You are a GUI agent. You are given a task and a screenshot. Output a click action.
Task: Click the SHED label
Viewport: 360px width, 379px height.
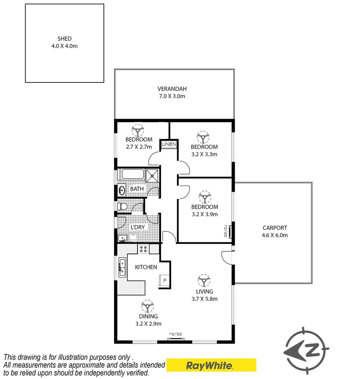click(65, 39)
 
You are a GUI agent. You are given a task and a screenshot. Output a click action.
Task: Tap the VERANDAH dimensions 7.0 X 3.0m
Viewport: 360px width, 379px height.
click(171, 96)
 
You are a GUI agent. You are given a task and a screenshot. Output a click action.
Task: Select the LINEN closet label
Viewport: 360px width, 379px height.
click(169, 144)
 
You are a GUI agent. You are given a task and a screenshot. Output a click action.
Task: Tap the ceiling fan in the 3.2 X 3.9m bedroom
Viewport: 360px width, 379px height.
click(204, 197)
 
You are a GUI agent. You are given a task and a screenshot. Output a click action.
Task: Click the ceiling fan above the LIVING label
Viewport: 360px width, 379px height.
click(204, 281)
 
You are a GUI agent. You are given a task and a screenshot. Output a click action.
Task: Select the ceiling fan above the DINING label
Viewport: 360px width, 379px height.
click(148, 306)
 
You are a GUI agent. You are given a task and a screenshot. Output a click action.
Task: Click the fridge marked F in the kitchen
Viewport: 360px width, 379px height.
click(164, 280)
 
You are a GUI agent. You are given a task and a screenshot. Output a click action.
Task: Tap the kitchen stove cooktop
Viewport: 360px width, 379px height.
click(143, 249)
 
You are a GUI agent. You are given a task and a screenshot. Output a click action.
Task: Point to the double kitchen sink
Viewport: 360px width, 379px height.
click(122, 267)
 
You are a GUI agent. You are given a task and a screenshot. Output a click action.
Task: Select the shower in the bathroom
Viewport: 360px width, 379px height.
click(152, 174)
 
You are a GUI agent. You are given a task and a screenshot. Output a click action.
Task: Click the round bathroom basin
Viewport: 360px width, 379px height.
click(122, 191)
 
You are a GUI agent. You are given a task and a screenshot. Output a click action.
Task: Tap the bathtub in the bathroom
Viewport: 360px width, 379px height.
click(133, 174)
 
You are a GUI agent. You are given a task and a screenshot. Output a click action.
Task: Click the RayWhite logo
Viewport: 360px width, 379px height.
click(211, 366)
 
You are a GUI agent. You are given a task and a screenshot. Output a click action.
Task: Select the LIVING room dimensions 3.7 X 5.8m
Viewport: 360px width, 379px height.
click(204, 299)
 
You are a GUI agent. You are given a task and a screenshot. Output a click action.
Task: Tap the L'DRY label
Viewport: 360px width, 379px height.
click(137, 227)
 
